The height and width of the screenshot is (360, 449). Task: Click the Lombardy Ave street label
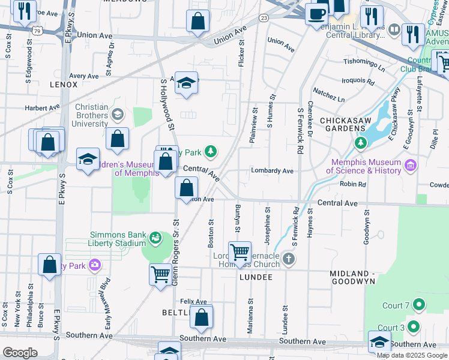(x=272, y=171)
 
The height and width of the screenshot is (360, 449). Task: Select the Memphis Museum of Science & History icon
(x=411, y=165)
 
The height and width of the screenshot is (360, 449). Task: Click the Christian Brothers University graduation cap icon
(x=118, y=114)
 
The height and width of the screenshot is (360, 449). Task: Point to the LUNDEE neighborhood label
(x=256, y=277)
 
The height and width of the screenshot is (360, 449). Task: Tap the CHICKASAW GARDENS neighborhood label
(x=349, y=121)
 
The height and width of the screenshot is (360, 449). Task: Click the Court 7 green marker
(x=419, y=305)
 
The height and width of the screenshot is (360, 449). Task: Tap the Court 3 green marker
(x=412, y=327)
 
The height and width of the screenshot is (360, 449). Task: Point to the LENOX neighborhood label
(x=64, y=85)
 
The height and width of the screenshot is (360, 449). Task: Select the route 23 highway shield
(x=264, y=19)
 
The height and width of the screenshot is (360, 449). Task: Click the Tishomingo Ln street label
(x=364, y=62)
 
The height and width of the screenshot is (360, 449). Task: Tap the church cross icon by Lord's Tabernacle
(x=289, y=259)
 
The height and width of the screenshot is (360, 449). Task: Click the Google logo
(x=20, y=353)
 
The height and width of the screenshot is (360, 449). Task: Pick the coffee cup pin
(x=316, y=13)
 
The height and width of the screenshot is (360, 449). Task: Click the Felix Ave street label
(x=193, y=302)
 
